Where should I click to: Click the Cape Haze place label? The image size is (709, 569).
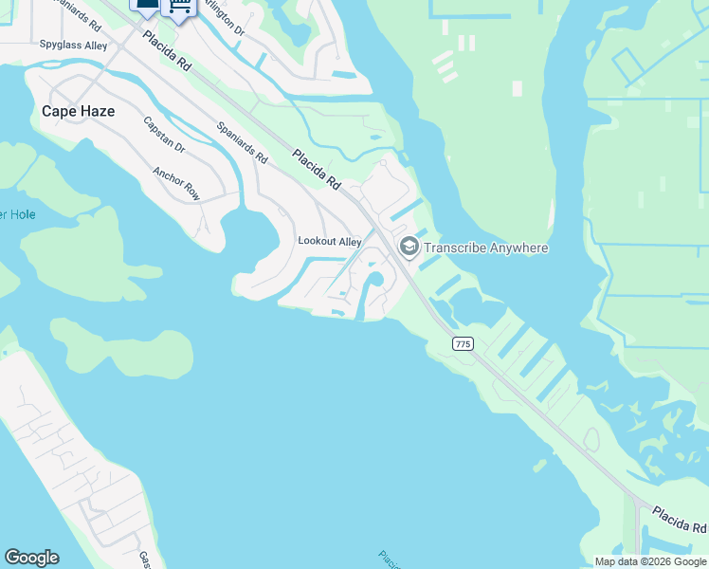pos(78,111)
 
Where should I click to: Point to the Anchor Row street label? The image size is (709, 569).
pos(176,184)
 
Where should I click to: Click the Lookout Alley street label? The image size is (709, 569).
pos(330,242)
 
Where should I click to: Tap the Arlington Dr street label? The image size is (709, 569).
pos(225,20)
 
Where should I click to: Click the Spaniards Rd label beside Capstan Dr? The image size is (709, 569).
pos(243,141)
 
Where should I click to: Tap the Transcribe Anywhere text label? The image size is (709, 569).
pos(486,248)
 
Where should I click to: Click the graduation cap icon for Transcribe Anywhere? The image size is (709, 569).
pos(409,248)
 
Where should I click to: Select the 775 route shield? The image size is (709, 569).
pos(463,344)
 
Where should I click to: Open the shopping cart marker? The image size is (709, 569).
pos(179,7)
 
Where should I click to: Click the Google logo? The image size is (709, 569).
pos(31,558)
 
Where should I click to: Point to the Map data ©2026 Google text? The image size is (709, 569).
pos(649,561)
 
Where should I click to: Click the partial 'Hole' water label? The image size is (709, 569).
pos(18,215)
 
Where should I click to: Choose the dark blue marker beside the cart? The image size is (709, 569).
pos(147,6)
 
